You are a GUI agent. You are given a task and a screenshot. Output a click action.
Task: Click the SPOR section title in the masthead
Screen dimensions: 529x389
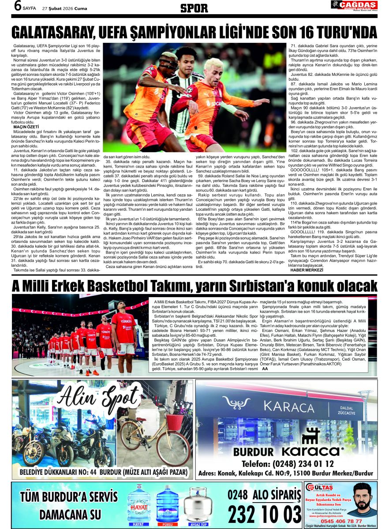(194, 7)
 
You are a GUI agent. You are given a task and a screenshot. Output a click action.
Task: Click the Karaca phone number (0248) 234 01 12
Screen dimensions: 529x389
(288, 464)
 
